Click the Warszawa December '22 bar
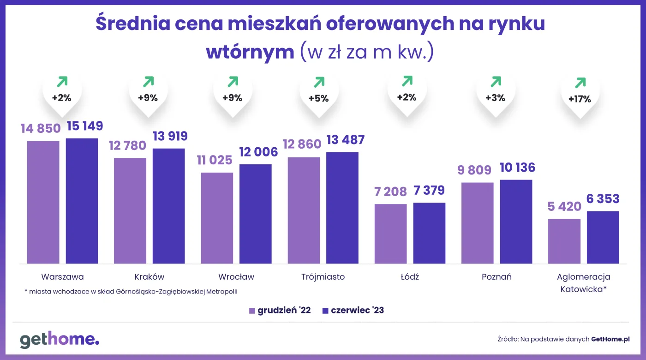tap(43, 202)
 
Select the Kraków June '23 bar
tap(168, 206)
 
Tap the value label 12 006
tap(258, 152)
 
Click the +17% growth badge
tap(580, 99)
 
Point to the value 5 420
tap(564, 207)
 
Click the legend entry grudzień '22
tap(280, 311)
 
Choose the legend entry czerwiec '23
tap(353, 311)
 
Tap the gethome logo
tap(60, 340)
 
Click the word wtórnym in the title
tap(250, 52)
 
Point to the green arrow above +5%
tap(319, 83)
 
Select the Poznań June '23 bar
tap(516, 222)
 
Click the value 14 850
tap(40, 129)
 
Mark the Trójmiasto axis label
tap(323, 277)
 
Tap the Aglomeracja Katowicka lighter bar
tap(564, 241)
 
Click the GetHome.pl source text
tap(610, 339)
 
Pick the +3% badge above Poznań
tap(495, 98)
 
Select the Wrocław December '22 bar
tap(217, 218)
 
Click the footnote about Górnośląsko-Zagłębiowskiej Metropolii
tap(134, 292)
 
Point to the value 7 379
tap(429, 191)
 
